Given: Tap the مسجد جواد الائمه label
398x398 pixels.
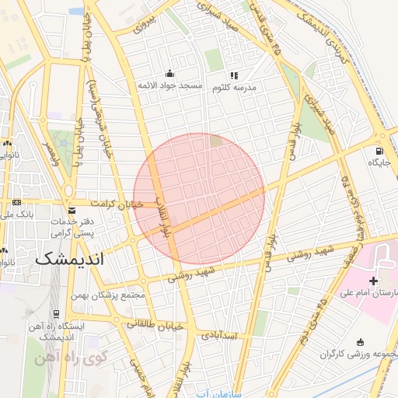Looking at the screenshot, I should (169, 85).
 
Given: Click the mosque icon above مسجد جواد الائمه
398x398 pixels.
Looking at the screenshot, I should (170, 74).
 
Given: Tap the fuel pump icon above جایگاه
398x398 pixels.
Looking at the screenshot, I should (379, 151).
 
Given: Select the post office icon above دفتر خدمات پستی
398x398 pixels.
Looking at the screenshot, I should (72, 211).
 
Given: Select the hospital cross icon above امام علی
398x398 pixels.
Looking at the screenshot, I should (374, 280).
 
